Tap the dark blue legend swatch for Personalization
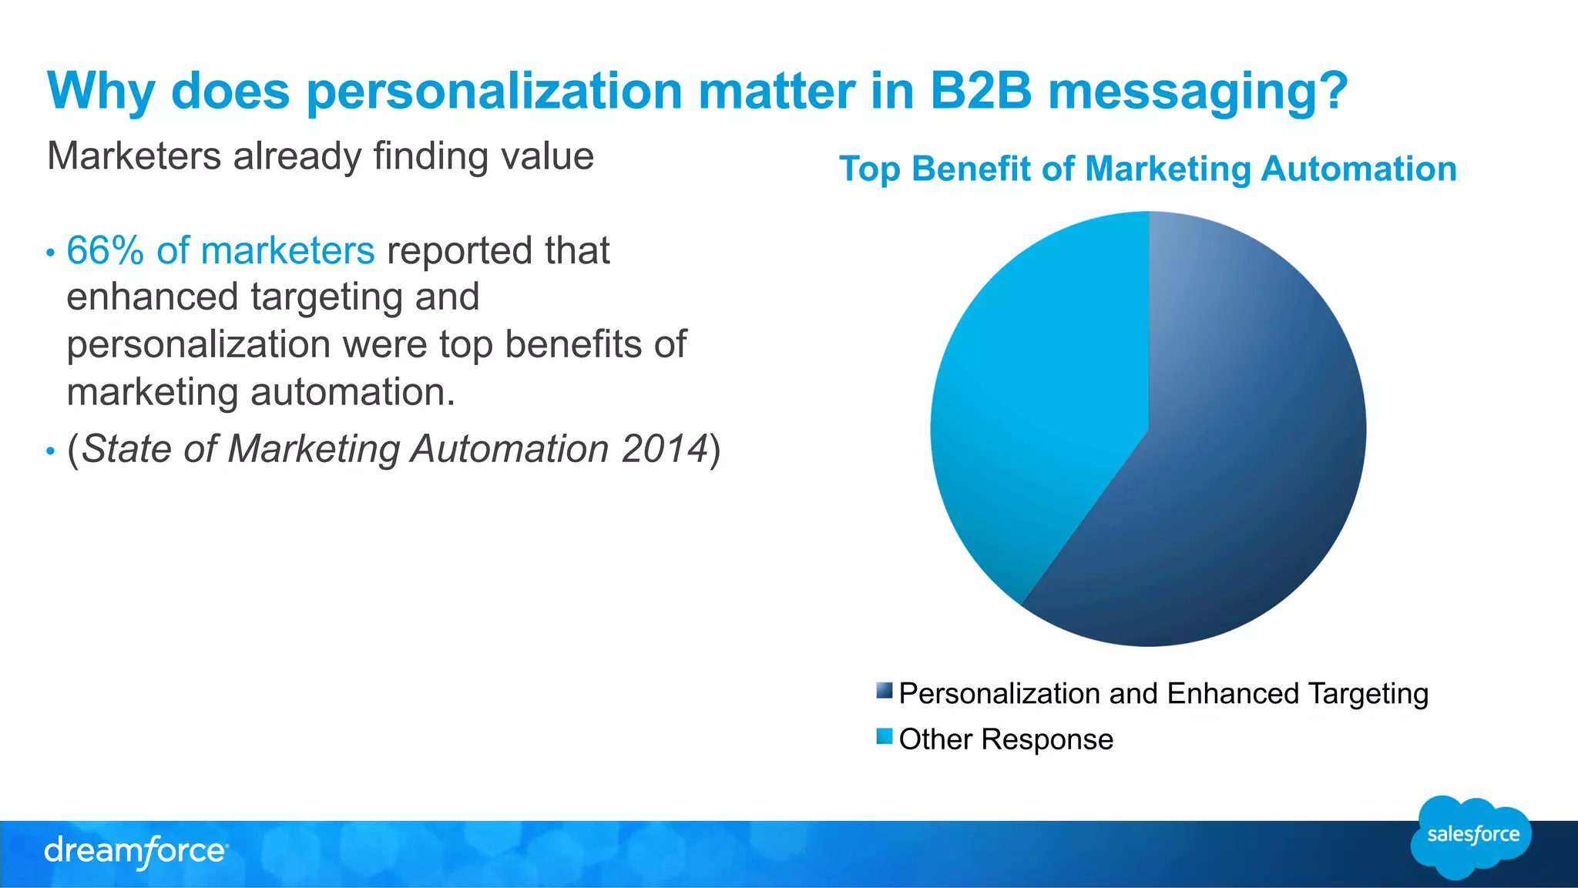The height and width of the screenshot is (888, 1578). point(884,690)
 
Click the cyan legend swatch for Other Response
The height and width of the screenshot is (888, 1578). point(884,736)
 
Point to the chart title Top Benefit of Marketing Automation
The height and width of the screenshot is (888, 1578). point(1147,169)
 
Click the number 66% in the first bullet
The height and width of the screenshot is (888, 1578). point(105,250)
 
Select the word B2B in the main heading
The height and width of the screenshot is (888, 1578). point(980,91)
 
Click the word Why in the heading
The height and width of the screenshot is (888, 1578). point(101,91)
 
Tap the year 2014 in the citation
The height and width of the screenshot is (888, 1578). point(664,448)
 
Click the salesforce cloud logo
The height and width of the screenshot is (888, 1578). point(1472,836)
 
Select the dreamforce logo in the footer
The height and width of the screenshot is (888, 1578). point(136,851)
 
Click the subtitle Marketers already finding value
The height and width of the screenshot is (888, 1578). point(320,156)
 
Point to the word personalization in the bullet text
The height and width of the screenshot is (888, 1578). point(199,344)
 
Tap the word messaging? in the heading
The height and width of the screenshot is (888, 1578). point(1198,91)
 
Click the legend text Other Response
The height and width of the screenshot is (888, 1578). point(1006,739)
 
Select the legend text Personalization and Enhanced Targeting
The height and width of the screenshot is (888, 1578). point(1163,694)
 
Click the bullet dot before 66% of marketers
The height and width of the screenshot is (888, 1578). point(50,253)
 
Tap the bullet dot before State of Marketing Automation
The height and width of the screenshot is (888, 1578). point(50,451)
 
